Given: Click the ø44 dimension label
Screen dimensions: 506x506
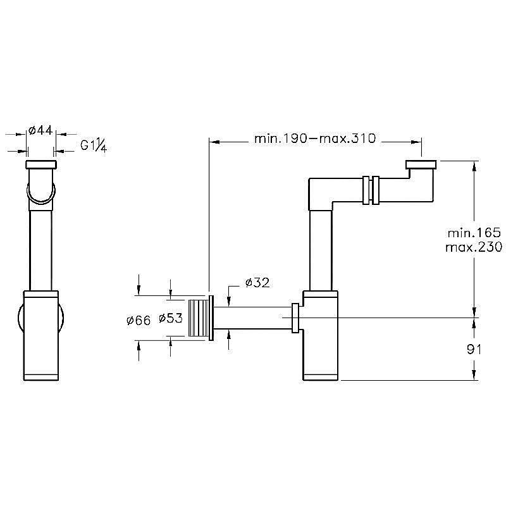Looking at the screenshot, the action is click(x=40, y=131).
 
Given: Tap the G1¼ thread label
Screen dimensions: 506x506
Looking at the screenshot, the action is click(x=94, y=145).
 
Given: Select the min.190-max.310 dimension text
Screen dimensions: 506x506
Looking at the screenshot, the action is click(x=315, y=139).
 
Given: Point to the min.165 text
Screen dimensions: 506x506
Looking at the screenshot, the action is click(x=474, y=233).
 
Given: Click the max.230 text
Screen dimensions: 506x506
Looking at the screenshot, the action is click(x=474, y=247).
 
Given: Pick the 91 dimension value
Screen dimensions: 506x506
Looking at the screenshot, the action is click(x=474, y=349).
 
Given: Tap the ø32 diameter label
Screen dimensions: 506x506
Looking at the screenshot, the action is click(x=257, y=283).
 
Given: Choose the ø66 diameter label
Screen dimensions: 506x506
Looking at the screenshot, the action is click(x=139, y=321).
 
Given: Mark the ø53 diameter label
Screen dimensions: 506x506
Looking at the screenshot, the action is click(x=171, y=318).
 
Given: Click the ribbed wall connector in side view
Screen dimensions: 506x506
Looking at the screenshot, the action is click(x=199, y=318).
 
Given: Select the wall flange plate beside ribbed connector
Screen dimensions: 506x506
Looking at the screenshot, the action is click(x=211, y=318).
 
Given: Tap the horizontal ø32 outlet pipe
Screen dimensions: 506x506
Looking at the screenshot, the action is click(x=252, y=318).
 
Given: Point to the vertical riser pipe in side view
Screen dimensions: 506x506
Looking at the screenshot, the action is click(x=321, y=250).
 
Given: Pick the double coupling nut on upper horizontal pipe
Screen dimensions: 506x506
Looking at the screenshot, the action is click(x=371, y=190).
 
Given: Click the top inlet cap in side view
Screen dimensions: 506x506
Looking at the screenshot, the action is click(x=421, y=164).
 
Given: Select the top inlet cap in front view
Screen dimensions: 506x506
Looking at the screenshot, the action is click(x=41, y=164).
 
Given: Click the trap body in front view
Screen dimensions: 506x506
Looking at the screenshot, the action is click(x=41, y=336).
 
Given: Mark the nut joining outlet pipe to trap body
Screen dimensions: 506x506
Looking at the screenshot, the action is click(x=295, y=318).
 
